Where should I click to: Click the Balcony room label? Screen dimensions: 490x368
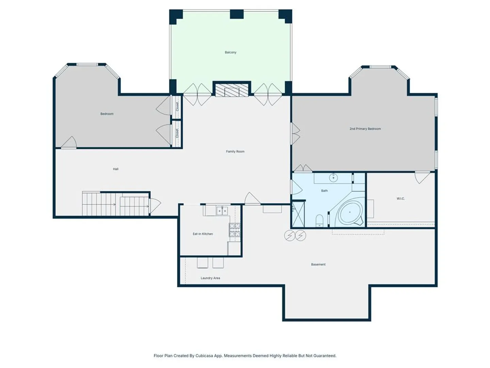click(230, 52)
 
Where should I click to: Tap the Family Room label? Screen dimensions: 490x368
click(235, 152)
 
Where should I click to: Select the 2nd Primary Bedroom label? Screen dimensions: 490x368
click(365, 129)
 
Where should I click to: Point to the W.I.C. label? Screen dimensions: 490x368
click(401, 198)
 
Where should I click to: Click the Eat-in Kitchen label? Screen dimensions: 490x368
click(203, 234)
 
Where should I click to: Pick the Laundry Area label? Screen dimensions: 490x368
click(210, 278)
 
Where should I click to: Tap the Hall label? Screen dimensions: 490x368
click(115, 169)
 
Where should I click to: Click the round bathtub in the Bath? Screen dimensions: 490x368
click(350, 212)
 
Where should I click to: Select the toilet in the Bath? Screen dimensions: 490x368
click(320, 220)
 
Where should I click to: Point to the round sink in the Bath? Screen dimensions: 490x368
click(333, 178)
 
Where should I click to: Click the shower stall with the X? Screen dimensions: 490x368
click(298, 214)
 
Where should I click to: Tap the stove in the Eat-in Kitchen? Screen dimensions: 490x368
click(234, 230)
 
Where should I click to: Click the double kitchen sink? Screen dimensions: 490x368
click(222, 211)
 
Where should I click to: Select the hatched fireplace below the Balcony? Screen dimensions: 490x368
click(232, 90)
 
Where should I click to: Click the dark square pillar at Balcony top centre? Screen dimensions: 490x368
click(236, 14)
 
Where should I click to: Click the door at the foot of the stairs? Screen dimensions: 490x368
click(155, 206)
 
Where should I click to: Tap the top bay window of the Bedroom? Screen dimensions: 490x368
click(87, 65)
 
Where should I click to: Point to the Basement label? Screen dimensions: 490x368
click(318, 264)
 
